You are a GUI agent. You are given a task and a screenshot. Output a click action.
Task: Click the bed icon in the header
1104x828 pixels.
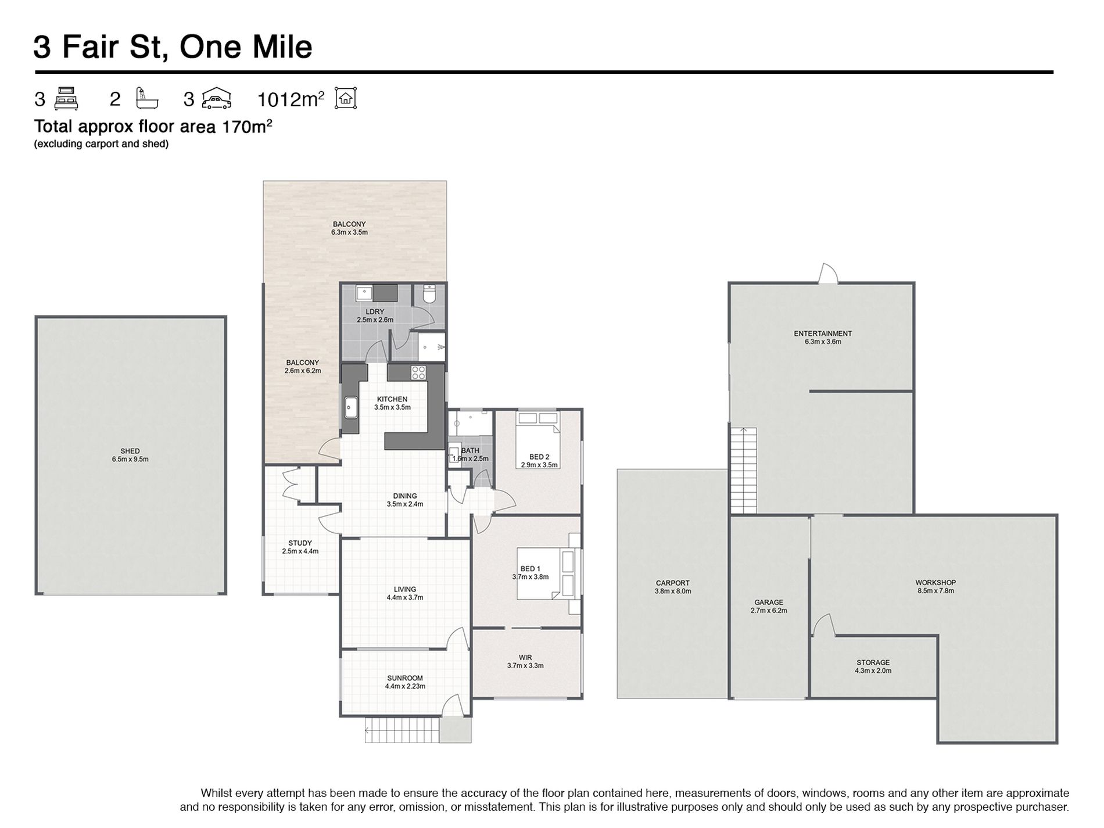pos(66,99)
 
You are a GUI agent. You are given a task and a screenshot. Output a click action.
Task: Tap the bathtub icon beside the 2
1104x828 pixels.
pos(146,98)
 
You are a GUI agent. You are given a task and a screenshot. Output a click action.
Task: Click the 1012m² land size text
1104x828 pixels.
pos(291,99)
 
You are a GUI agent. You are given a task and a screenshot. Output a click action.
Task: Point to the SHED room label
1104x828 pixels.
pos(130,451)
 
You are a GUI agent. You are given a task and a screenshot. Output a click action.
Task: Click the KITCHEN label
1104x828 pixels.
pos(392,399)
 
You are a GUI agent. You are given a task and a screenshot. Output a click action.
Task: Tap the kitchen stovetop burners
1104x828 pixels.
pos(418,372)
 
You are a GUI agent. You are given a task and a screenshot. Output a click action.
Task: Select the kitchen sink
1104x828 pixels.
pos(351,407)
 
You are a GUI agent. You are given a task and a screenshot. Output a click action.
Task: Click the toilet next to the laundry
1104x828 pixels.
pos(429,294)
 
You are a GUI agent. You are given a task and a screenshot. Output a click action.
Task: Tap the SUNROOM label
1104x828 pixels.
pos(405,678)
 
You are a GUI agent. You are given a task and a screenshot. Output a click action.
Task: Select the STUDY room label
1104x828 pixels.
pos(300,543)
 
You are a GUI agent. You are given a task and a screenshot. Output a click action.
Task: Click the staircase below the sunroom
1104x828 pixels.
pos(402,730)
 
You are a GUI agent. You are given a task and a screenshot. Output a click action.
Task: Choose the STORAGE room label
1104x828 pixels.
pos(873,662)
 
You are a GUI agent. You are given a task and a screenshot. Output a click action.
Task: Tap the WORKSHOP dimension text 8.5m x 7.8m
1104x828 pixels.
pos(935,591)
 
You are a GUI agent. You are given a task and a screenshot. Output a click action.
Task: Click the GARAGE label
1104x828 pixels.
pos(769,603)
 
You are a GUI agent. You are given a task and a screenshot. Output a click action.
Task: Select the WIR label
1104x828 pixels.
pos(525,658)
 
